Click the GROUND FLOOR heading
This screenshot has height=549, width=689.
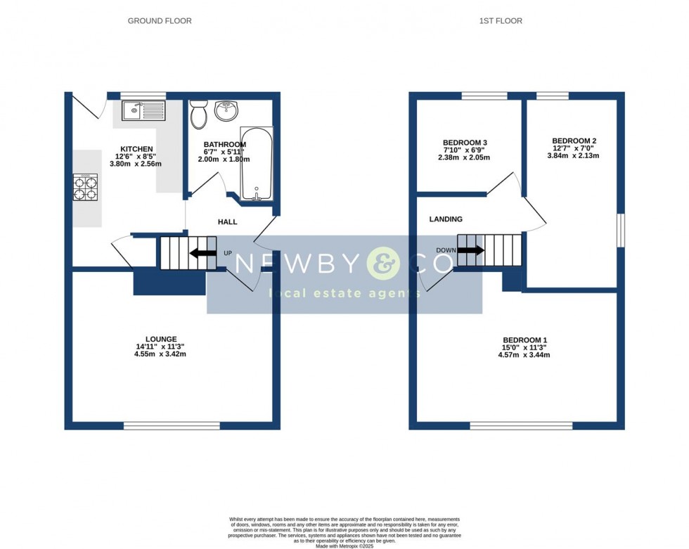click(160, 21)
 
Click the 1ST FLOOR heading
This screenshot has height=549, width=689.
click(501, 21)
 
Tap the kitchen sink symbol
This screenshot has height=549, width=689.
click(143, 110)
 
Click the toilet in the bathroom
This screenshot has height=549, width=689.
click(198, 114)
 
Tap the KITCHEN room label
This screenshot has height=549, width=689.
click(136, 149)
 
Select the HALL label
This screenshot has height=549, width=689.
click(227, 222)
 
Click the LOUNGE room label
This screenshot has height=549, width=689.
click(161, 339)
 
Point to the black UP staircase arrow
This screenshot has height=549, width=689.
click(204, 253)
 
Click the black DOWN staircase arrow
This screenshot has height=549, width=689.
click(470, 250)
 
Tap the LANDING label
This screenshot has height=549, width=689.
click(446, 219)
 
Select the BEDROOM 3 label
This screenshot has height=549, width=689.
click(465, 143)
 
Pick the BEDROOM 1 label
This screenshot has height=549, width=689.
click(524, 340)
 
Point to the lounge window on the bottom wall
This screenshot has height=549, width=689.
click(172, 425)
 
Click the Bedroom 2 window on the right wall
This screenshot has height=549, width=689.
click(620, 230)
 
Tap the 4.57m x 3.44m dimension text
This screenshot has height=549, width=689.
click(524, 355)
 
